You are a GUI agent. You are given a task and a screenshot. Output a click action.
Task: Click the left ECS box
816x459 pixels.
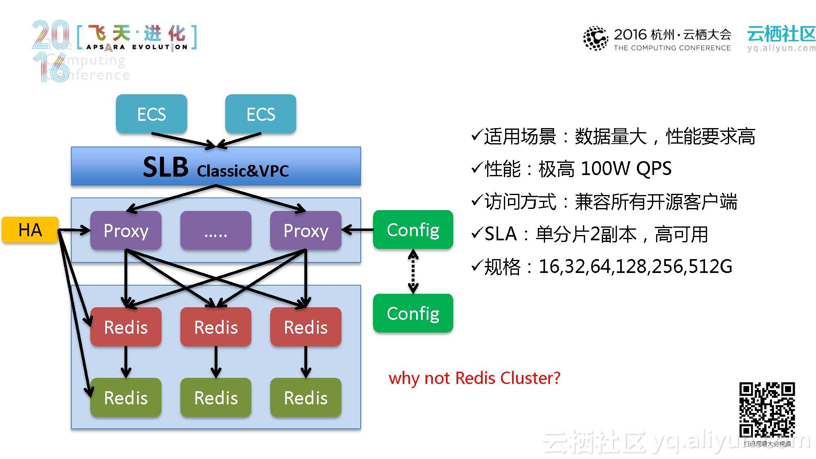click(x=151, y=114)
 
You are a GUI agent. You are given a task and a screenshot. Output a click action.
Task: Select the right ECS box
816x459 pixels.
click(x=261, y=114)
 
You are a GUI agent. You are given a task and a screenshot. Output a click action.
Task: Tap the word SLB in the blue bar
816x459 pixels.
click(x=166, y=167)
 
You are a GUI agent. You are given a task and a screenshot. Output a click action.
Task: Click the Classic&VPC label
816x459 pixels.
click(x=243, y=171)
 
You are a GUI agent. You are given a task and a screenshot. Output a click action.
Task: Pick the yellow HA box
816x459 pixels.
click(x=30, y=230)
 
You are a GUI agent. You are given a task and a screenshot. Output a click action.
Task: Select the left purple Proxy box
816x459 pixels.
click(x=126, y=231)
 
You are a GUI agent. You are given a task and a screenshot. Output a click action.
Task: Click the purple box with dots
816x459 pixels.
click(x=215, y=231)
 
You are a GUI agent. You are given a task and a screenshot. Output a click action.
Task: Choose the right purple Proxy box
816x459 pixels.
click(x=306, y=231)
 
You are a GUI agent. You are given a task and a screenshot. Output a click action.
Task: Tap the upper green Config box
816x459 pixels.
click(x=413, y=230)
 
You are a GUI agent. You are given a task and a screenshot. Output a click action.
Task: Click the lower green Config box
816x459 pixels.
click(x=413, y=313)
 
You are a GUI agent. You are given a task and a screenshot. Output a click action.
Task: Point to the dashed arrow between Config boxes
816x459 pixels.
click(x=413, y=271)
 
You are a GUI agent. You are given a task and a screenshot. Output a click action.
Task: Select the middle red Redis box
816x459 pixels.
click(x=215, y=327)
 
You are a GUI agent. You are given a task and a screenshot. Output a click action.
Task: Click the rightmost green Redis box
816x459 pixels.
click(x=306, y=397)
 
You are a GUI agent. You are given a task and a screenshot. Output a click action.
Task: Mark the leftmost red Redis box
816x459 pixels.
click(x=126, y=327)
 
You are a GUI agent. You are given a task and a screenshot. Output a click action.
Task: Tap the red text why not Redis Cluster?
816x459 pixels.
click(x=474, y=378)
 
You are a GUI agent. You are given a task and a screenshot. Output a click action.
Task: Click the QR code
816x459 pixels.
click(x=767, y=410)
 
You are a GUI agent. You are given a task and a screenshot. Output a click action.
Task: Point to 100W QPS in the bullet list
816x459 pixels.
click(x=625, y=169)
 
